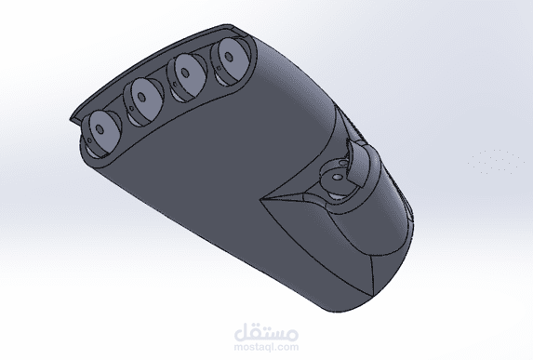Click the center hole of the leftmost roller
100,129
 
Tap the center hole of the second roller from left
141,98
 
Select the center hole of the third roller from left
185,73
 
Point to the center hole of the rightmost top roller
229,57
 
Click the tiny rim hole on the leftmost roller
89,140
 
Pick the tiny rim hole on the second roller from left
131,109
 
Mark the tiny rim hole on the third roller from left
175,83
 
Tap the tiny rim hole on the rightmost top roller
220,68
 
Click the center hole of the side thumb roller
337,177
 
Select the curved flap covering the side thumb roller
357,163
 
